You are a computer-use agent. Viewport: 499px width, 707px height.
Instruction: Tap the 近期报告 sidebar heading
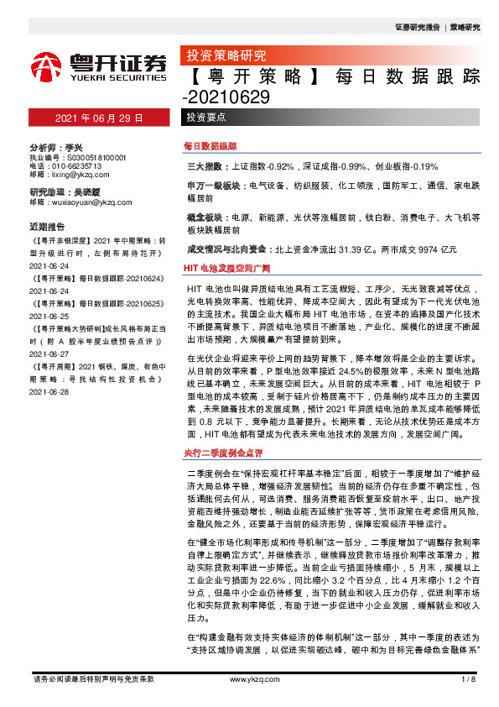click(x=47, y=227)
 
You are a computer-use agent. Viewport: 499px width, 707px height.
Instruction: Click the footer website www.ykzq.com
click(x=248, y=678)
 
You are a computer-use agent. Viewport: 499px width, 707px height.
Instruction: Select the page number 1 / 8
click(x=468, y=678)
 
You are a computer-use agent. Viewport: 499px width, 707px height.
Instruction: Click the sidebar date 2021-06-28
click(x=49, y=391)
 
